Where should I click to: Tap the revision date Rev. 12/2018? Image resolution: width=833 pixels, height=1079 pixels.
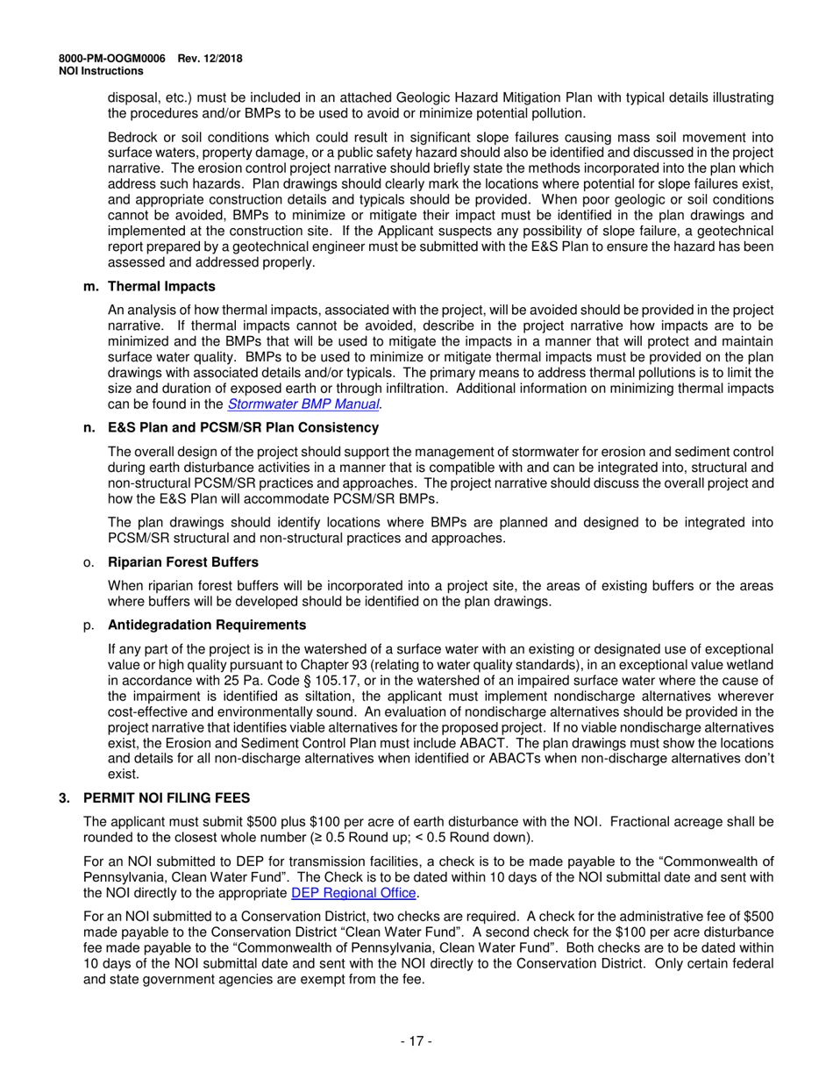click(210, 58)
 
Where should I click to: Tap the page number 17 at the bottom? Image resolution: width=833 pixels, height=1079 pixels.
click(416, 1041)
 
